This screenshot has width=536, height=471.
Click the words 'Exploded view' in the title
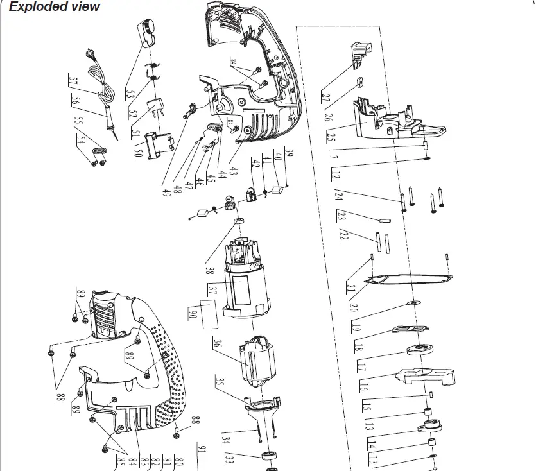pyautogui.click(x=55, y=7)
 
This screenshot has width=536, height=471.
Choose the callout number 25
pyautogui.click(x=331, y=137)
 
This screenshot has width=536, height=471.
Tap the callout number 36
pyautogui.click(x=218, y=344)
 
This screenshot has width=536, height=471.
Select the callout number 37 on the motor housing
pyautogui.click(x=213, y=292)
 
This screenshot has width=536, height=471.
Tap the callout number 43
pyautogui.click(x=234, y=173)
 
